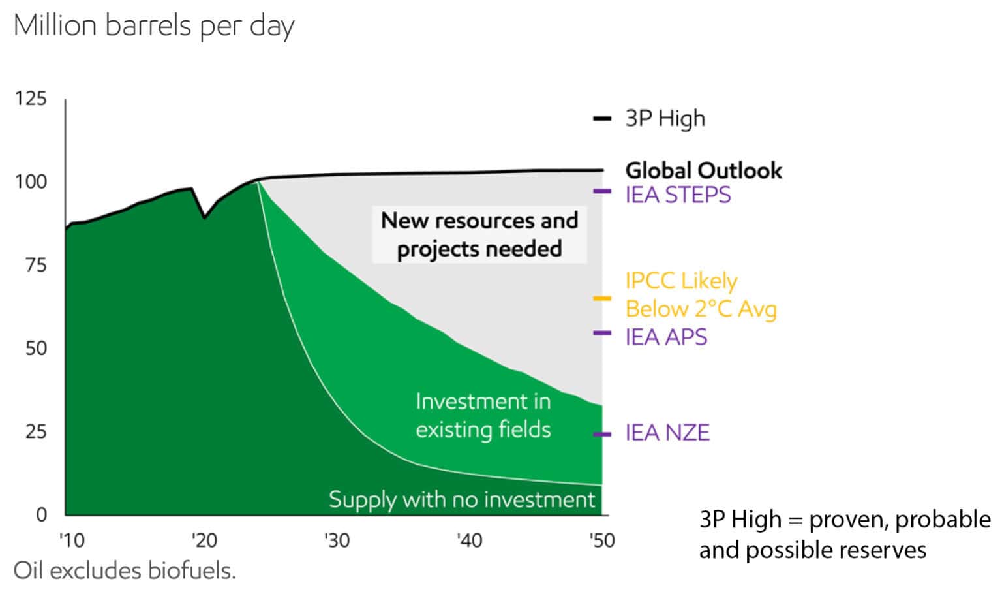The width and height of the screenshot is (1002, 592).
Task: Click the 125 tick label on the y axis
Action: (31, 99)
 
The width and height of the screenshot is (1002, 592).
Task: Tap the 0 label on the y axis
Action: (41, 515)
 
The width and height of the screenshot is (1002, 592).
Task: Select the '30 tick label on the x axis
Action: (337, 540)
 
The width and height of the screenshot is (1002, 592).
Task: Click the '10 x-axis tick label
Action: (72, 540)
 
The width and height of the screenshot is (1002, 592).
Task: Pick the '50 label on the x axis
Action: (601, 540)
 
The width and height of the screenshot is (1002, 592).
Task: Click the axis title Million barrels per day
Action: (154, 27)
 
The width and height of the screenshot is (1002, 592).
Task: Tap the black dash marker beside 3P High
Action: (601, 119)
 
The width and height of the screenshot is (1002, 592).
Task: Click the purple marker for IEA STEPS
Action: (601, 191)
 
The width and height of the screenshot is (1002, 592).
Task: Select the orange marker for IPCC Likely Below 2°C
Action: (601, 299)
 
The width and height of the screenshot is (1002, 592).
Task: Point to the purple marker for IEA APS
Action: (601, 334)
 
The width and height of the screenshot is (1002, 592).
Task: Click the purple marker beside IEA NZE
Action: (601, 434)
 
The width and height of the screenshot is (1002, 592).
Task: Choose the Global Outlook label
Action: (703, 170)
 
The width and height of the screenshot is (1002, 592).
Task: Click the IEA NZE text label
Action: (667, 433)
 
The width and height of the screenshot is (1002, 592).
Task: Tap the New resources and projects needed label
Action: (479, 234)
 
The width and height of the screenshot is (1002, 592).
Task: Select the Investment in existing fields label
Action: (483, 415)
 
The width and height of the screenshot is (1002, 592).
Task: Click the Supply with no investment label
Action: (462, 500)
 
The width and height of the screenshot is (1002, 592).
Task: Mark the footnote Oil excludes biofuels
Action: (125, 570)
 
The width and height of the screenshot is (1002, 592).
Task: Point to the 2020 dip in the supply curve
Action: (204, 217)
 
